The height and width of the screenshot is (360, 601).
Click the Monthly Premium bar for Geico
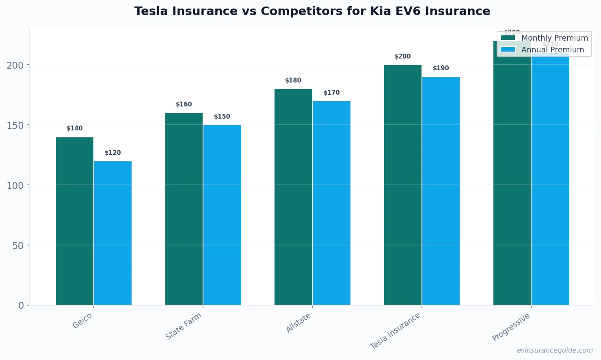(75, 221)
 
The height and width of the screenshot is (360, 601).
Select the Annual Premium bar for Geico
(113, 233)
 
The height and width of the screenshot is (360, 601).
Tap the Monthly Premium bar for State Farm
(184, 209)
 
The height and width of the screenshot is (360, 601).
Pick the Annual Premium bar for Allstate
(331, 203)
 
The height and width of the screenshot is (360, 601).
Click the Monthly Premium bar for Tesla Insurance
(402, 185)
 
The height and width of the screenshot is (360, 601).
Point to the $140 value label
(75, 128)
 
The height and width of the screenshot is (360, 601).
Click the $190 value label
(441, 68)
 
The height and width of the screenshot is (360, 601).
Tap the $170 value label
(331, 93)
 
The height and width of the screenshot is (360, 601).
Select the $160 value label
(184, 104)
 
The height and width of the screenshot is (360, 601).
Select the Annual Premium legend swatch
(508, 50)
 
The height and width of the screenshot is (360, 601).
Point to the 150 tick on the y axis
(15, 125)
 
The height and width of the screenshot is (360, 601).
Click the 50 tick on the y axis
(18, 245)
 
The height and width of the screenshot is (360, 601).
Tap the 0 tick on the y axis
(21, 306)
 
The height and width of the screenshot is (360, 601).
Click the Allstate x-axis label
(298, 323)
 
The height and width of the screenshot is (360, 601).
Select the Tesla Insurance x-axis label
(395, 331)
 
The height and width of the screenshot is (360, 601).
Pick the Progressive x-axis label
(511, 327)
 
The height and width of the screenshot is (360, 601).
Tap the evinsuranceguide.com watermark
(554, 350)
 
